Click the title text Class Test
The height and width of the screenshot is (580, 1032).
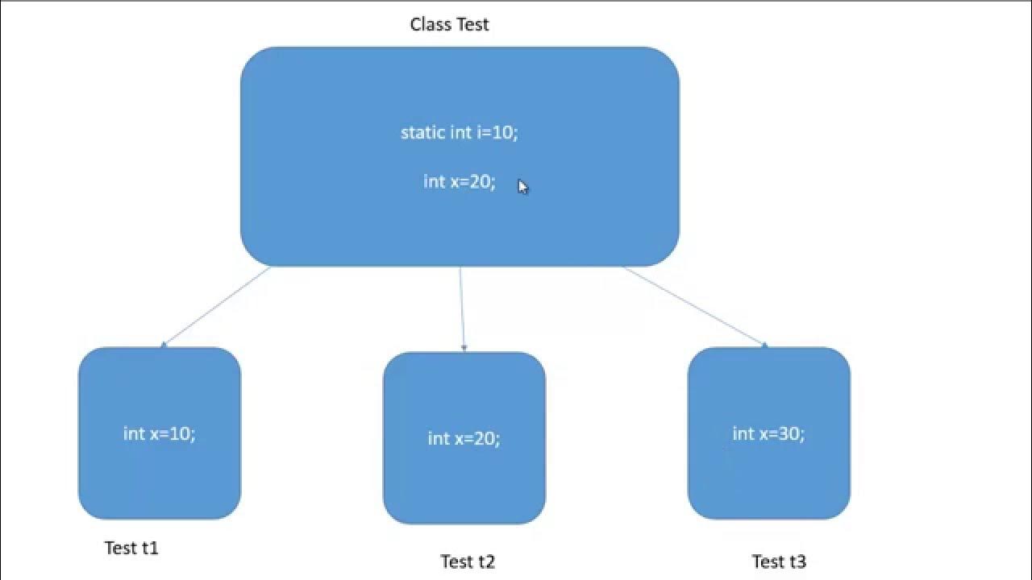(449, 24)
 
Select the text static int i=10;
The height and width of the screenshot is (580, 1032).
(459, 132)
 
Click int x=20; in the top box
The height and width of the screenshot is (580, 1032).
(459, 181)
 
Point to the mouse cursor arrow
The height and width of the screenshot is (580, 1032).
(522, 187)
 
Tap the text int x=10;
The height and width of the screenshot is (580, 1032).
(159, 433)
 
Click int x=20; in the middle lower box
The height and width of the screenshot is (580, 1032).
(464, 438)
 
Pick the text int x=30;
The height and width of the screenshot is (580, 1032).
(768, 433)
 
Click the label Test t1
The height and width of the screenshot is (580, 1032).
(131, 548)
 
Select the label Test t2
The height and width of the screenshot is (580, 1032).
(468, 561)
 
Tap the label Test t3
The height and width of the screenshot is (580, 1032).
(779, 561)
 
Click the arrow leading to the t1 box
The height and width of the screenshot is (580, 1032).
(216, 307)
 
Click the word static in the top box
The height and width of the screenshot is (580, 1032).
(422, 132)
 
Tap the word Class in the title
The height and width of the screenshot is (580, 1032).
(431, 24)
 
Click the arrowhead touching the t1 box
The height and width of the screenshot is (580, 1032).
(163, 345)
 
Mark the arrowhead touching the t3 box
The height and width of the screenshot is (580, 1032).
(764, 346)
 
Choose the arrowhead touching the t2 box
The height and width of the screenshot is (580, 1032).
(464, 349)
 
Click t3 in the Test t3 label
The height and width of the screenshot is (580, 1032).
(796, 561)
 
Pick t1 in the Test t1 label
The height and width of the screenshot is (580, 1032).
(149, 548)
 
